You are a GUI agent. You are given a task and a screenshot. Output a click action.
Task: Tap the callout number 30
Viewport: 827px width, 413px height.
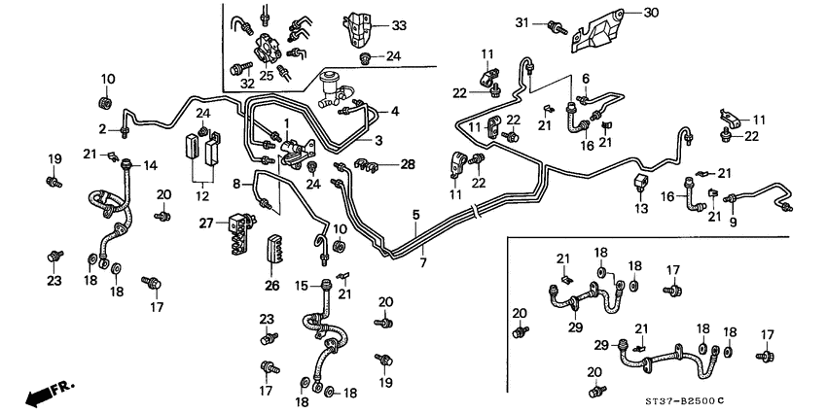651,13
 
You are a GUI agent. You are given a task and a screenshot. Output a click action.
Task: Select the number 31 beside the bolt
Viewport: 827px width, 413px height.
521,22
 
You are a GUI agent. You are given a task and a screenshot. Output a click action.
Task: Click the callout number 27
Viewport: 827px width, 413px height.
205,224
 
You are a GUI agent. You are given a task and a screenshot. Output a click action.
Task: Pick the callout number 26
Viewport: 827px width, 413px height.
271,286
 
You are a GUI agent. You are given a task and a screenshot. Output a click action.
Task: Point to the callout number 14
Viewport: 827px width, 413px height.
151,165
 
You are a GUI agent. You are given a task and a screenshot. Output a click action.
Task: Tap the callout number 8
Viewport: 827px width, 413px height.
236,182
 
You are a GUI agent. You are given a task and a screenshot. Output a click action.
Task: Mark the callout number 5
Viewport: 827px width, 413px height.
415,214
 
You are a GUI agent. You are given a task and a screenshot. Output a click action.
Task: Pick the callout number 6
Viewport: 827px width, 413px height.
586,79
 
